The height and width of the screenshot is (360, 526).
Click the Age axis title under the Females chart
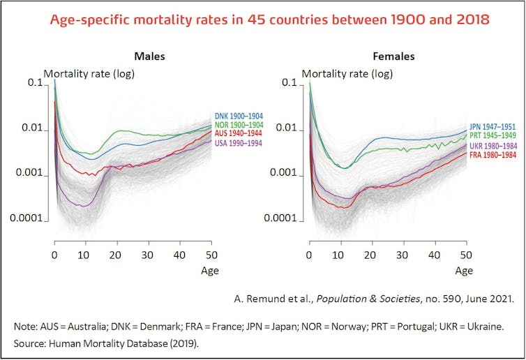(x=465, y=270)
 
